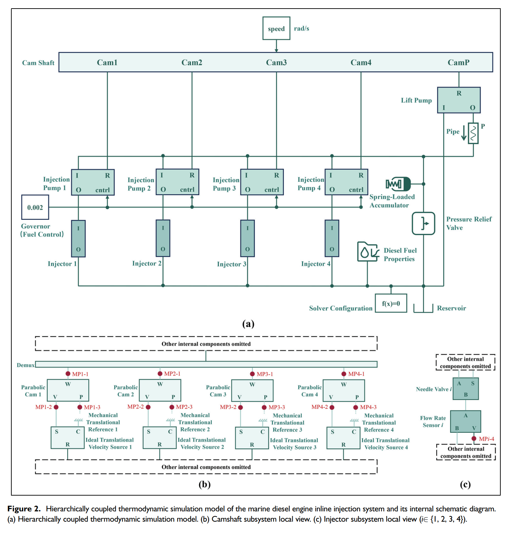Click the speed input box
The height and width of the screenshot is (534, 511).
pyautogui.click(x=276, y=28)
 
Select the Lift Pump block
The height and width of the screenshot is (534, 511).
pyautogui.click(x=458, y=100)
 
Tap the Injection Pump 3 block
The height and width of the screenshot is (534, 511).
pyautogui.click(x=262, y=182)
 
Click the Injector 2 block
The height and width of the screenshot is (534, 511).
pyautogui.click(x=163, y=238)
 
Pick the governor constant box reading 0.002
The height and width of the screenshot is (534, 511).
pyautogui.click(x=35, y=207)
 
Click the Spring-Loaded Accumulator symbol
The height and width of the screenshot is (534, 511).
pyautogui.click(x=398, y=184)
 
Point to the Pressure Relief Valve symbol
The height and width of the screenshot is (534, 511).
pyautogui.click(x=423, y=224)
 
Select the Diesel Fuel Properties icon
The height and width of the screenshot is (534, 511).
pyautogui.click(x=367, y=252)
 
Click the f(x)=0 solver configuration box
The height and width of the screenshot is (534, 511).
pyautogui.click(x=391, y=303)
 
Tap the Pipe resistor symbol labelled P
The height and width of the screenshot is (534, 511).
pyautogui.click(x=473, y=133)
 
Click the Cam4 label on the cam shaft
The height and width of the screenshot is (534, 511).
pyautogui.click(x=361, y=62)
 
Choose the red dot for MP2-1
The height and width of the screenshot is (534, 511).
pyautogui.click(x=160, y=373)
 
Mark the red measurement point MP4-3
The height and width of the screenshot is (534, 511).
pyautogui.click(x=356, y=407)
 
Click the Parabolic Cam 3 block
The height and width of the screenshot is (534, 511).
pyautogui.click(x=252, y=390)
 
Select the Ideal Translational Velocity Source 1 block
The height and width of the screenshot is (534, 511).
pyautogui.click(x=68, y=438)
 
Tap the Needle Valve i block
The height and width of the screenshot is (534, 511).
pyautogui.click(x=466, y=389)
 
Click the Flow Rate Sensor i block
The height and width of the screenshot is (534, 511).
pyautogui.click(x=466, y=422)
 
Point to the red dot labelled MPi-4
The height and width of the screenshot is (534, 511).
pyautogui.click(x=474, y=439)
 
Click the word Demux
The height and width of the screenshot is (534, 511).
pyautogui.click(x=26, y=365)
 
